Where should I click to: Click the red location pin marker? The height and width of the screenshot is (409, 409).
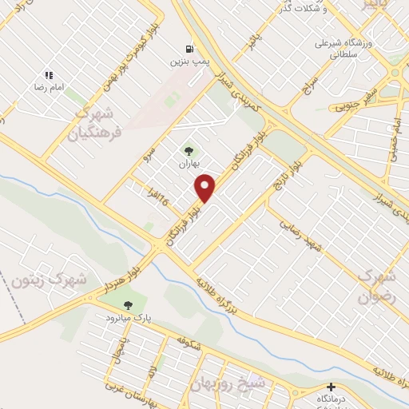205,188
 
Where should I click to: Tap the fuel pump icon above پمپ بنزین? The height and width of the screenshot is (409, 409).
188,47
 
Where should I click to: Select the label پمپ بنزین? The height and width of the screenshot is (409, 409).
188,61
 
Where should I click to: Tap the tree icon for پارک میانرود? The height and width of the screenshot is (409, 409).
127,304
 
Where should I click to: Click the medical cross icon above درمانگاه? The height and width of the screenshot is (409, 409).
331,387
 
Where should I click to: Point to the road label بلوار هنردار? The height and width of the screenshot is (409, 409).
128,277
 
